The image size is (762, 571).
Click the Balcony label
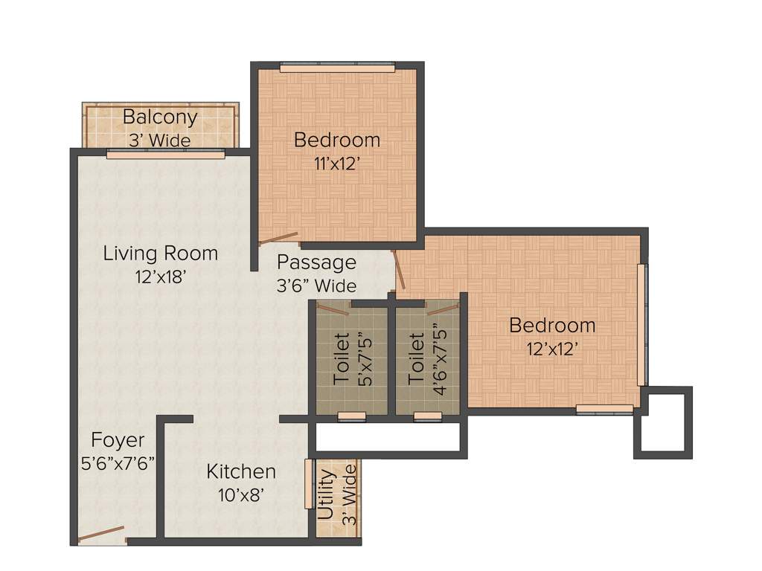(x=160, y=117)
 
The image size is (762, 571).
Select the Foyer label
(x=118, y=439)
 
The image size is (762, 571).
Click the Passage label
(x=316, y=262)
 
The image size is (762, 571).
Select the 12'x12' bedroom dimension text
(x=551, y=349)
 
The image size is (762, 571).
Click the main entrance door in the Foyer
(x=102, y=534)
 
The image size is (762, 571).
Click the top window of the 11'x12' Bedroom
(x=337, y=68)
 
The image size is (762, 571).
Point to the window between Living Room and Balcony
(x=165, y=155)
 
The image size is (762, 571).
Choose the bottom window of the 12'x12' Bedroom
(x=604, y=408)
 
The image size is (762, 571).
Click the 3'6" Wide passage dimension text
(x=316, y=285)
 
